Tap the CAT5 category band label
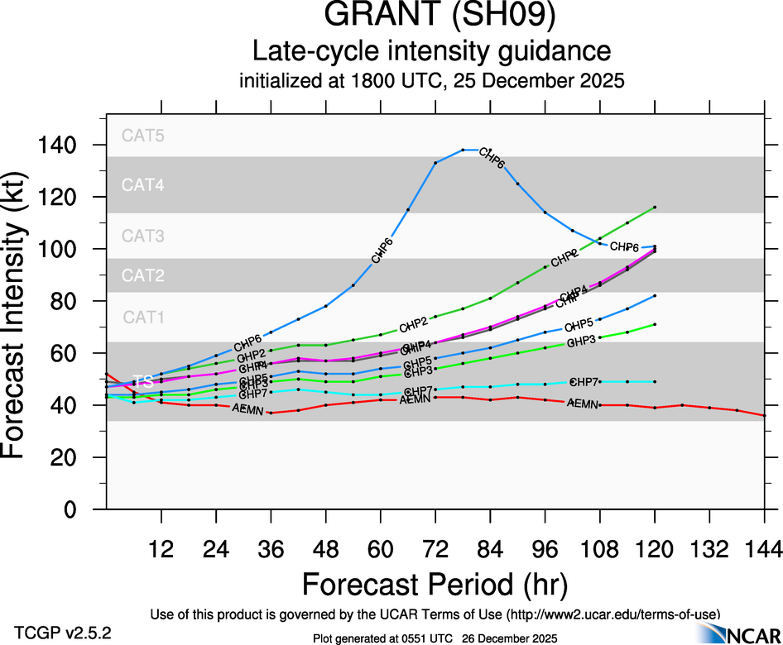click(143, 136)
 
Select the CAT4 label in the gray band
click(143, 185)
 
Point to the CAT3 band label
click(143, 236)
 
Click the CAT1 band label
click(143, 317)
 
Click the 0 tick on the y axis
click(84, 509)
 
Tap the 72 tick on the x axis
click(435, 549)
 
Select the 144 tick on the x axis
click(763, 549)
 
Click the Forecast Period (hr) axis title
click(435, 584)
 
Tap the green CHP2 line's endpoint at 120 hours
click(654, 207)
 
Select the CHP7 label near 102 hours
click(584, 382)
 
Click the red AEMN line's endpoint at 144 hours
click(763, 415)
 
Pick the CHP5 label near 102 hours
click(579, 325)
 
